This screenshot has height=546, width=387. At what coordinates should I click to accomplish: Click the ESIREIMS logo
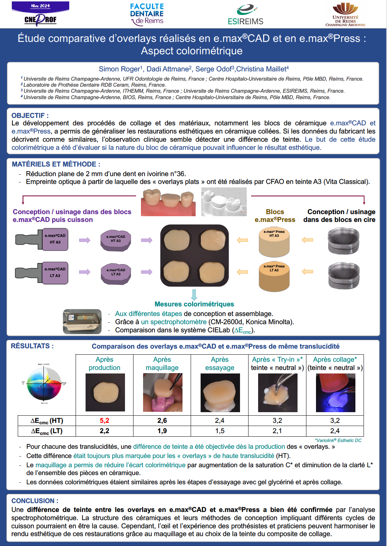click(246, 15)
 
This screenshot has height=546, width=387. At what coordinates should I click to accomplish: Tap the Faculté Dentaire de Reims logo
click(147, 14)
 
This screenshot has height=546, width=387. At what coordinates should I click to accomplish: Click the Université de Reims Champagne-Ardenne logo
click(345, 15)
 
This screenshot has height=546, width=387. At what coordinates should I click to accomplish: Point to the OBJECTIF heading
click(30, 115)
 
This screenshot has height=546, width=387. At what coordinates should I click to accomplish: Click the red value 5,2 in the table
click(104, 421)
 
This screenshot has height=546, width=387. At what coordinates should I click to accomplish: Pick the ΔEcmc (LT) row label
click(47, 431)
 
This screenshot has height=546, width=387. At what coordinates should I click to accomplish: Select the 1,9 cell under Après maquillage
click(162, 431)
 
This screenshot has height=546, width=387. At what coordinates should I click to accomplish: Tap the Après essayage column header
click(219, 364)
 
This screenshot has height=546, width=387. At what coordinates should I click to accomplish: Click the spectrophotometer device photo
click(82, 322)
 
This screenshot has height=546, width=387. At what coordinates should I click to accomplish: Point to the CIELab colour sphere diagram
click(44, 384)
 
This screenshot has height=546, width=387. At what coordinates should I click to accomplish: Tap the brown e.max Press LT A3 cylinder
click(274, 277)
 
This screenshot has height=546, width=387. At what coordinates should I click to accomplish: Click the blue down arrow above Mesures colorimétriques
click(194, 295)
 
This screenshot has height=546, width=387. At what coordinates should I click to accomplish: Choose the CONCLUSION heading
click(35, 501)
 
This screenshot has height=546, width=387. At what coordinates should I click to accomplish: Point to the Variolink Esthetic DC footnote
click(338, 440)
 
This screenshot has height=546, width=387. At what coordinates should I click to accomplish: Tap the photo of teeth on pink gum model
click(168, 202)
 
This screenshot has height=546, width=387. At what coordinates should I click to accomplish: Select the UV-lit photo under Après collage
click(335, 393)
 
